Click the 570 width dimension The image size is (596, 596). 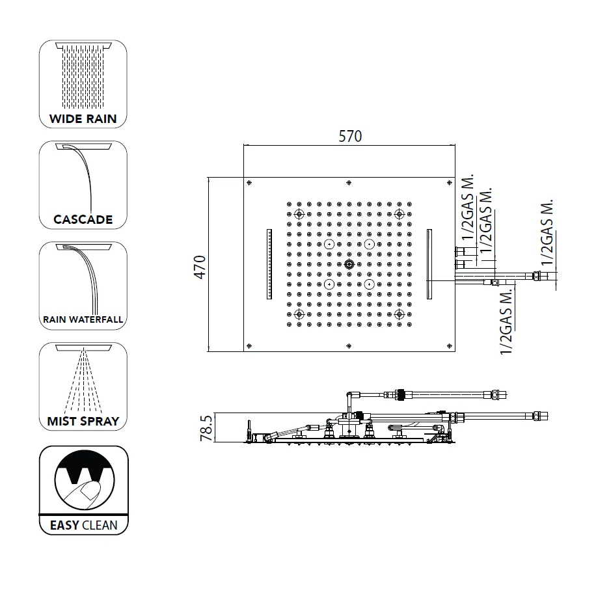coord(349,136)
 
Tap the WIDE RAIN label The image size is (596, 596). coord(83,118)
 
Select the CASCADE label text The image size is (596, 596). coord(83,219)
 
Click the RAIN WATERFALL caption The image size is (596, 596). coord(83,319)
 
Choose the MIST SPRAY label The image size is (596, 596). coord(83,421)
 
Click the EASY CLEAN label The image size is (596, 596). coord(83,524)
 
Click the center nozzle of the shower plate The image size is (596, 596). coord(349,264)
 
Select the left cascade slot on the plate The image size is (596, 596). coord(268,264)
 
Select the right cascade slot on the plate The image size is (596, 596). coord(430,264)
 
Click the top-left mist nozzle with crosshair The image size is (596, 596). coord(299,214)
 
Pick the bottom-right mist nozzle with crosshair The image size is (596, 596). coord(400,314)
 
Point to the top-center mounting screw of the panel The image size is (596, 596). coord(349,182)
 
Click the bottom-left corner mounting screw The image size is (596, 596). coord(251,345)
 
